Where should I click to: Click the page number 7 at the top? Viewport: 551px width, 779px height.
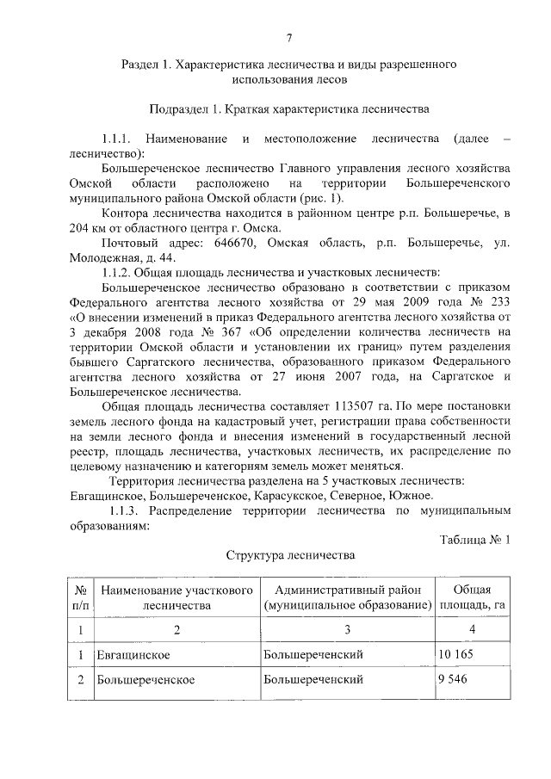(x=289, y=37)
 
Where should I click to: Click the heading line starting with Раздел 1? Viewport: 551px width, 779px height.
(x=288, y=65)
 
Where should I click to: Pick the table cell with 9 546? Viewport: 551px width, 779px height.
(x=453, y=679)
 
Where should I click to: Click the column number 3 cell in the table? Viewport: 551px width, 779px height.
(x=346, y=630)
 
